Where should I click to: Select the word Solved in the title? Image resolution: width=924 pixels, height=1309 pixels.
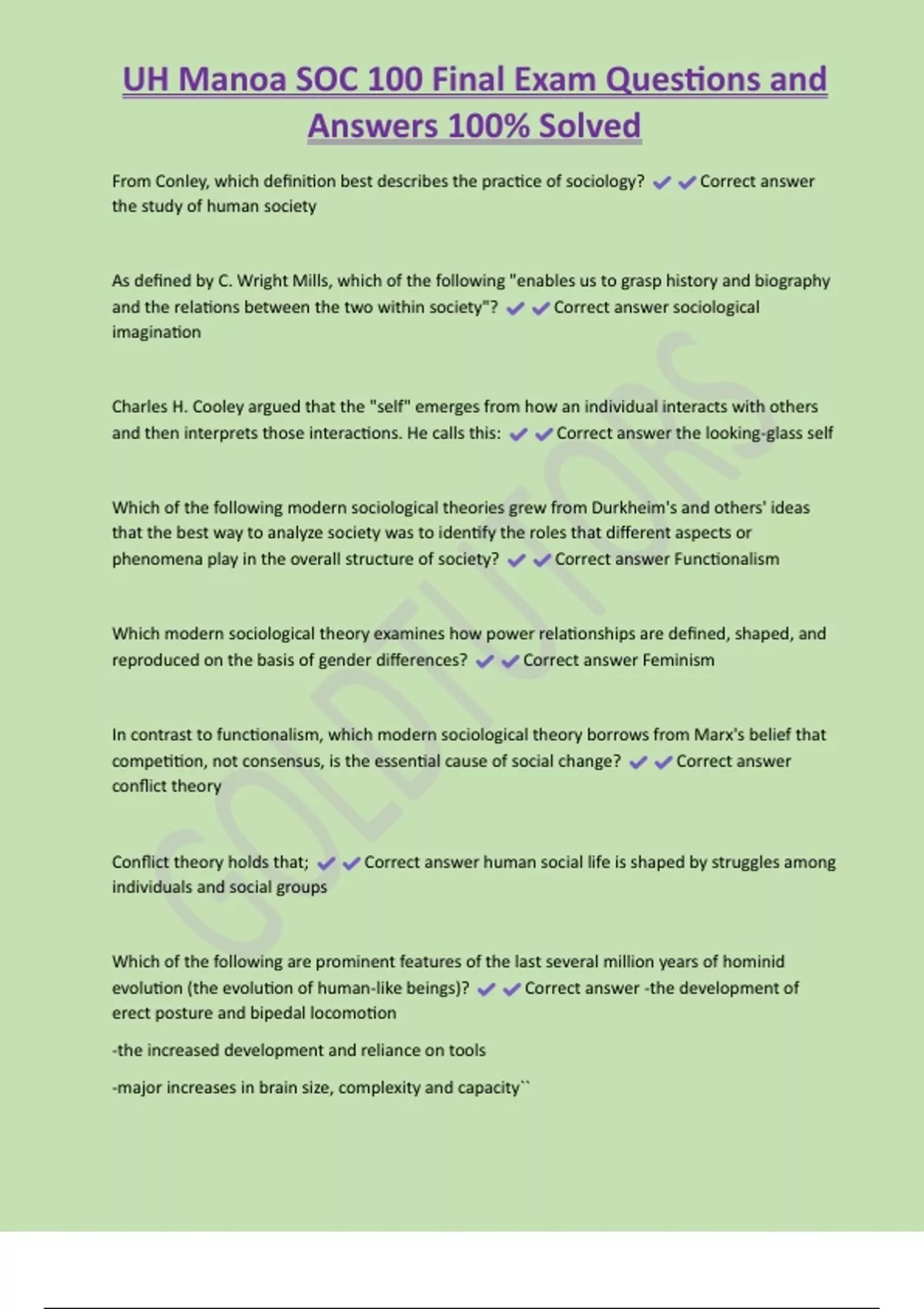pyautogui.click(x=590, y=126)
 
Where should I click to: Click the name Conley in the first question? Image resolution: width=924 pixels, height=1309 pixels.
pyautogui.click(x=181, y=182)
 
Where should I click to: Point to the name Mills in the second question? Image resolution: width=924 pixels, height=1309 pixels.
pyautogui.click(x=310, y=281)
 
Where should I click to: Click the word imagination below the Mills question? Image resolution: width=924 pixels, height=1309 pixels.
pyautogui.click(x=156, y=333)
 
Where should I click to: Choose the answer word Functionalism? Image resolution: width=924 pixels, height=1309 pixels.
pyautogui.click(x=726, y=559)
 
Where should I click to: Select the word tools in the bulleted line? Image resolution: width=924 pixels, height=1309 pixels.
pyautogui.click(x=466, y=1050)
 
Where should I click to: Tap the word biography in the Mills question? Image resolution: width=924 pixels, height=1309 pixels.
pyautogui.click(x=792, y=281)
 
